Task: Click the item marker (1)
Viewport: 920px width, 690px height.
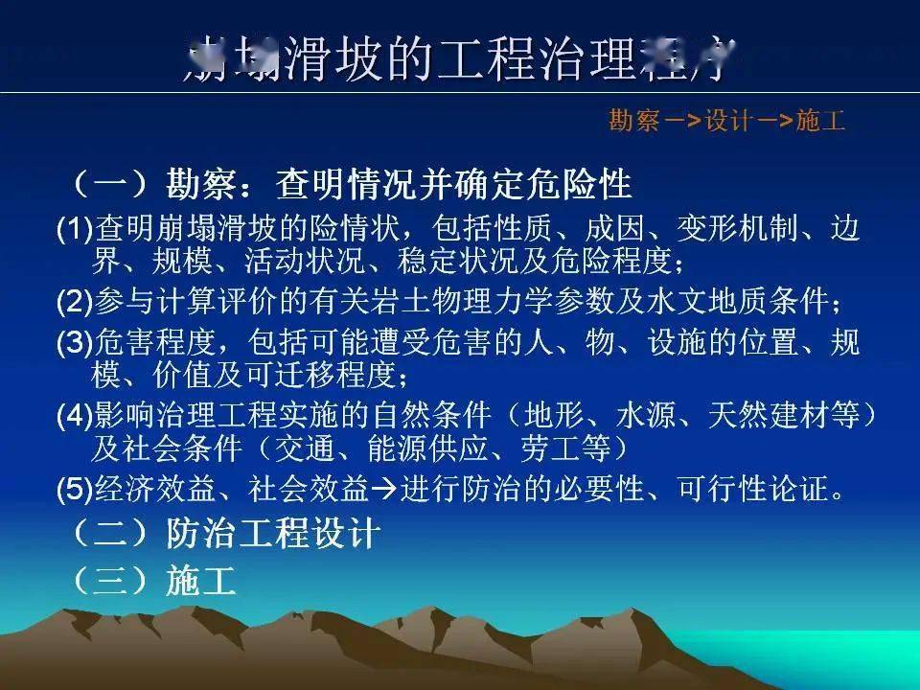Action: click(x=75, y=230)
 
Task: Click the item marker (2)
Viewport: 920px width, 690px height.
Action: click(x=75, y=302)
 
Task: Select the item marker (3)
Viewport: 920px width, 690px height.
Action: click(x=75, y=343)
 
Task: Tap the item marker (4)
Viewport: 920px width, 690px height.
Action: click(x=75, y=416)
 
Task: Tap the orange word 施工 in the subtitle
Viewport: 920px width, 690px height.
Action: click(x=821, y=122)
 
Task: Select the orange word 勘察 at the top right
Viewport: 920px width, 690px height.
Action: click(x=633, y=122)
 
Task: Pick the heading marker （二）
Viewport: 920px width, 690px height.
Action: click(x=109, y=534)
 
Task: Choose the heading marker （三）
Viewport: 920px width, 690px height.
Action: click(x=109, y=581)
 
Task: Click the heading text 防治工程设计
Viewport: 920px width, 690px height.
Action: click(x=273, y=534)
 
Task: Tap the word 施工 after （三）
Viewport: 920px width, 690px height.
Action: click(x=200, y=581)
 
